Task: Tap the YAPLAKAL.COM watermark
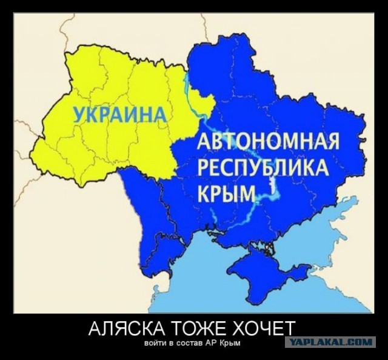[x=331, y=342]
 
